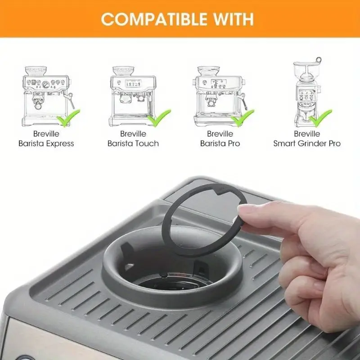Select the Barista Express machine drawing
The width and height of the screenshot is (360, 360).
(48, 96)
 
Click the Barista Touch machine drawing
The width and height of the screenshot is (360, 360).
(133, 96)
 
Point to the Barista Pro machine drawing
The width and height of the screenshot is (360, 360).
(220, 96)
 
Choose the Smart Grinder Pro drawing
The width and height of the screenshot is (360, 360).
(307, 92)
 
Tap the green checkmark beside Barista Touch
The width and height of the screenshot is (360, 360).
(159, 118)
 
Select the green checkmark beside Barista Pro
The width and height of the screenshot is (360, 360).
(243, 118)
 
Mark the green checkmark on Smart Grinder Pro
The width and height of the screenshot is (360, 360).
(320, 118)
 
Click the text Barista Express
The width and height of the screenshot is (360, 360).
(46, 144)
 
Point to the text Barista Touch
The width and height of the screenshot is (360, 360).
(133, 144)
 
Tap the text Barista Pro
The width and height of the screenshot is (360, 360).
(220, 144)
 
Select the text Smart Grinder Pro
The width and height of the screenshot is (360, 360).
(307, 144)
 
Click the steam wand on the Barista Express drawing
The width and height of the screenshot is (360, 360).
(70, 100)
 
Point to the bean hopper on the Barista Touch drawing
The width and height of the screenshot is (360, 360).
(123, 71)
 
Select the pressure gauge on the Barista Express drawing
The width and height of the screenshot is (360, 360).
(46, 85)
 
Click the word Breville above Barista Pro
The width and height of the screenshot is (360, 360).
(220, 134)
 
